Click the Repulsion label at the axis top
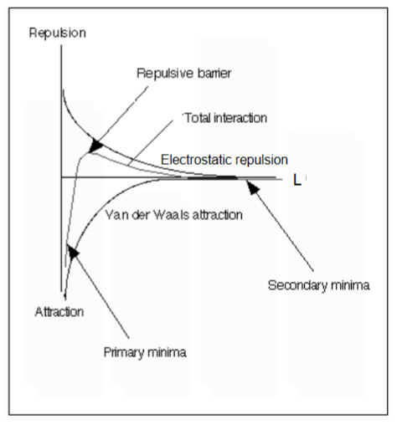pos(58,33)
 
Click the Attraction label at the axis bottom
pos(59,312)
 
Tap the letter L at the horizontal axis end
pos(297,180)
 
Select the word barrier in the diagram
pos(214,74)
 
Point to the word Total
pos(198,118)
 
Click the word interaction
pos(240,118)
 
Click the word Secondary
pos(297,285)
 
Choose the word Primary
pos(124,352)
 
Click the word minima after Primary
pos(167,352)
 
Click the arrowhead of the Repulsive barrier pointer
pos(95,145)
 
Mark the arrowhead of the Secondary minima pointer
pos(252,187)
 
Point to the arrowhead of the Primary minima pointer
pos(73,251)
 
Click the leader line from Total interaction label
pos(151,143)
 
